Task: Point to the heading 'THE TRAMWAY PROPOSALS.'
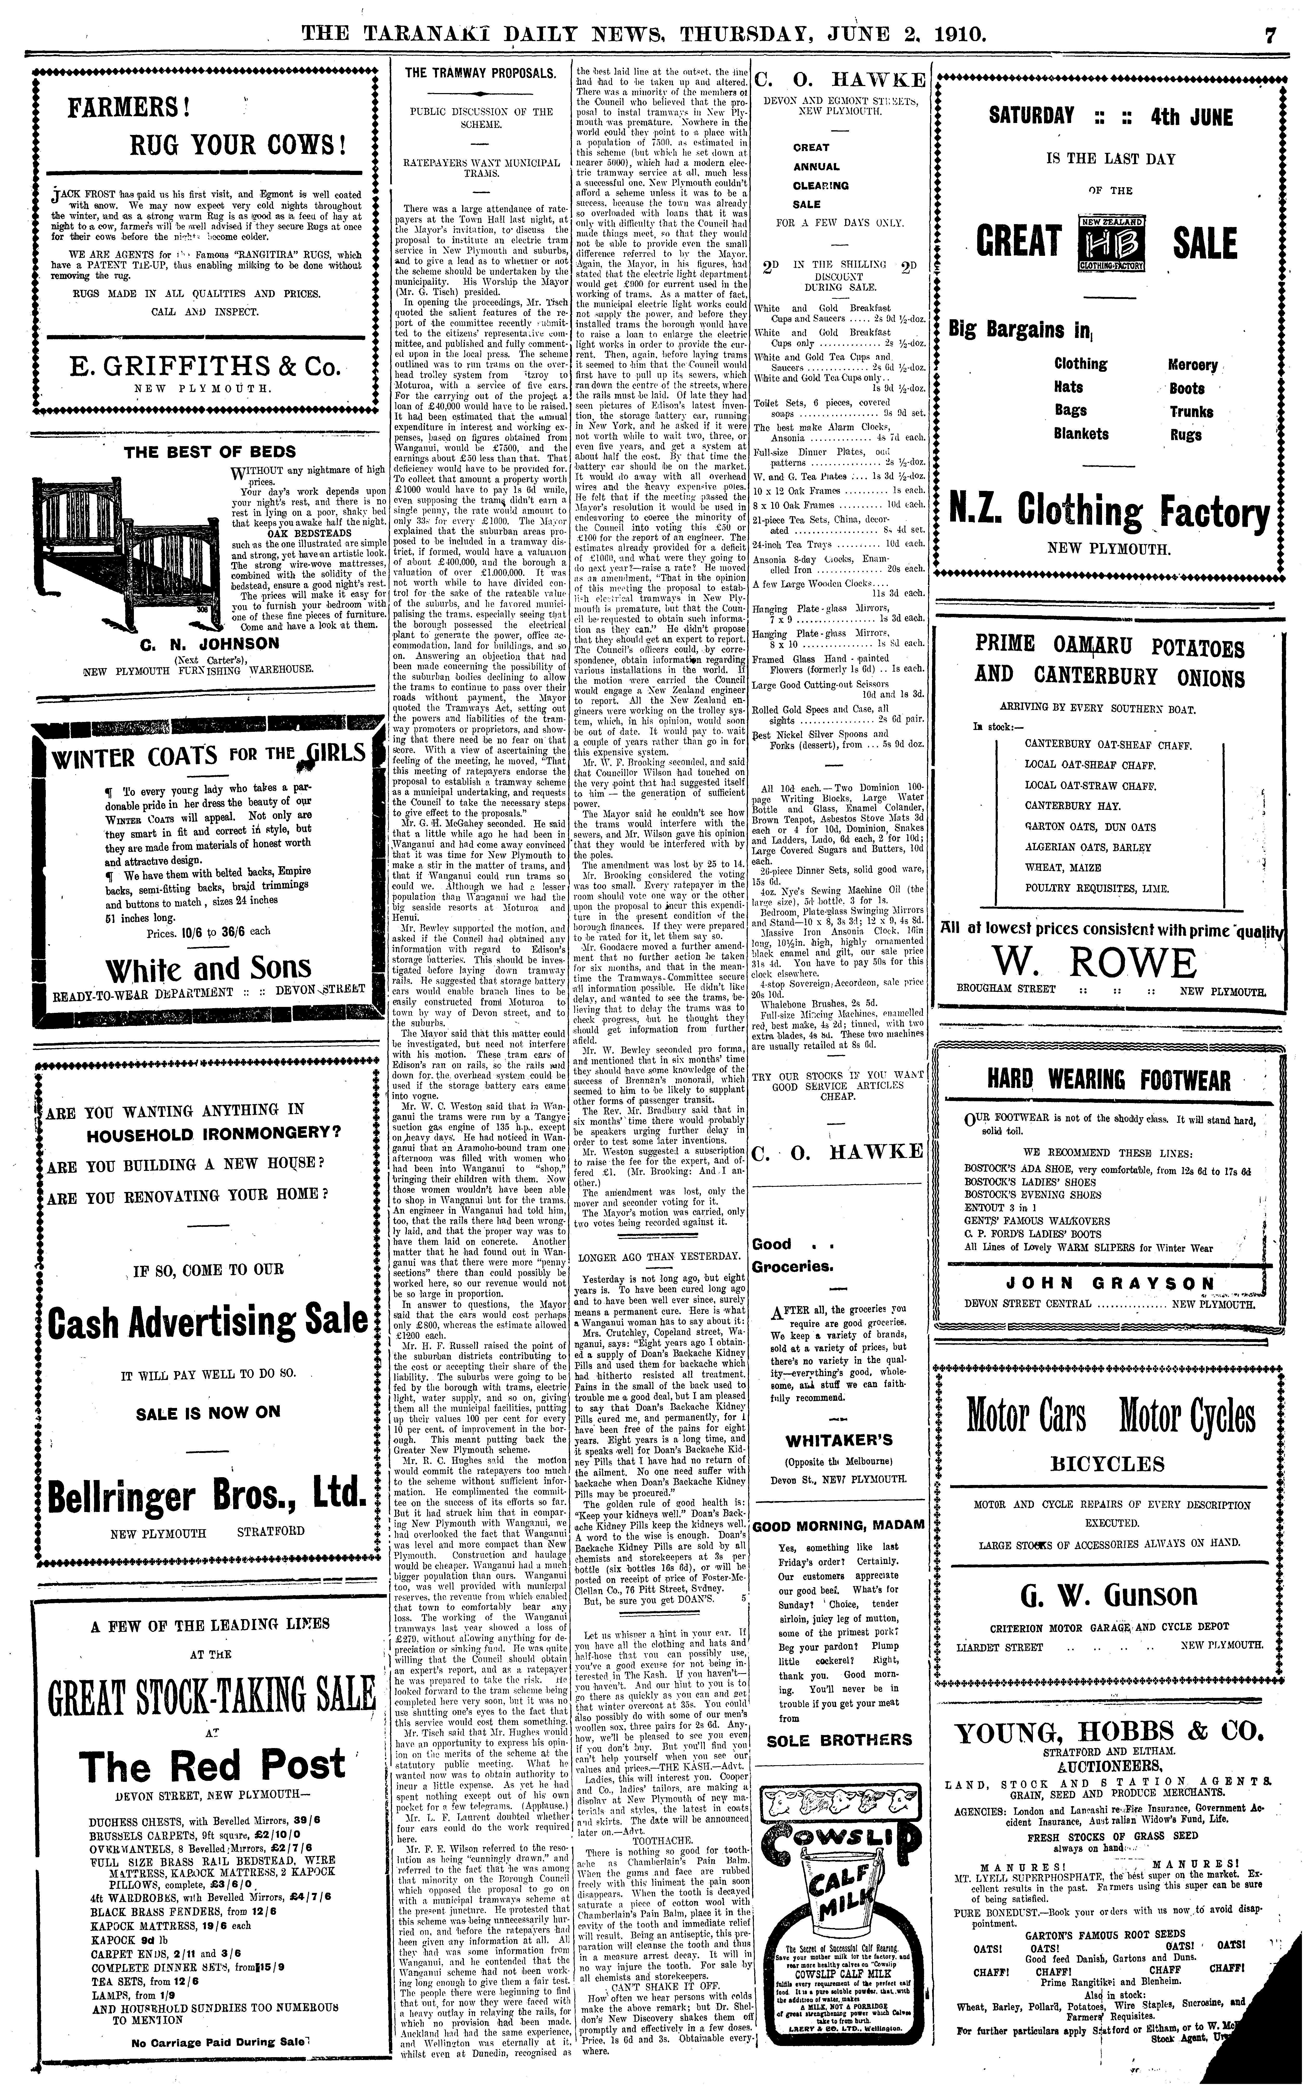481,74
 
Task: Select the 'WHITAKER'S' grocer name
838,1442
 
